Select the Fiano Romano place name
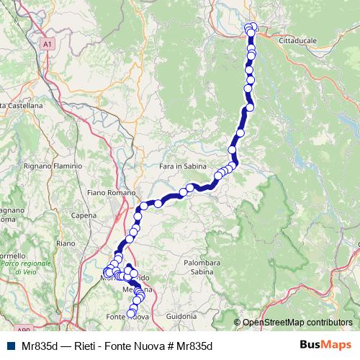[105, 193]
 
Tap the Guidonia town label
[180, 315]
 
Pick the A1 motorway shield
[48, 44]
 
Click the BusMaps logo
[325, 346]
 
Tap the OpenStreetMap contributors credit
[297, 323]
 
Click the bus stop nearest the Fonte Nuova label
[132, 312]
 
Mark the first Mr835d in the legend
[40, 346]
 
